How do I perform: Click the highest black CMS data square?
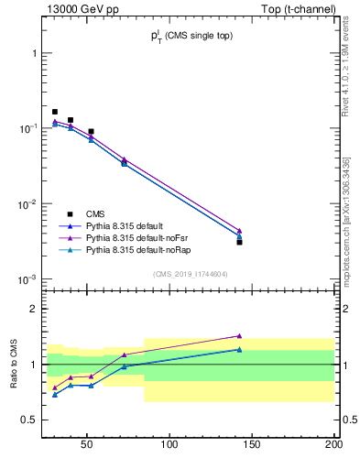point(55,112)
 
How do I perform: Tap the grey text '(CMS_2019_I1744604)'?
point(190,274)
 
